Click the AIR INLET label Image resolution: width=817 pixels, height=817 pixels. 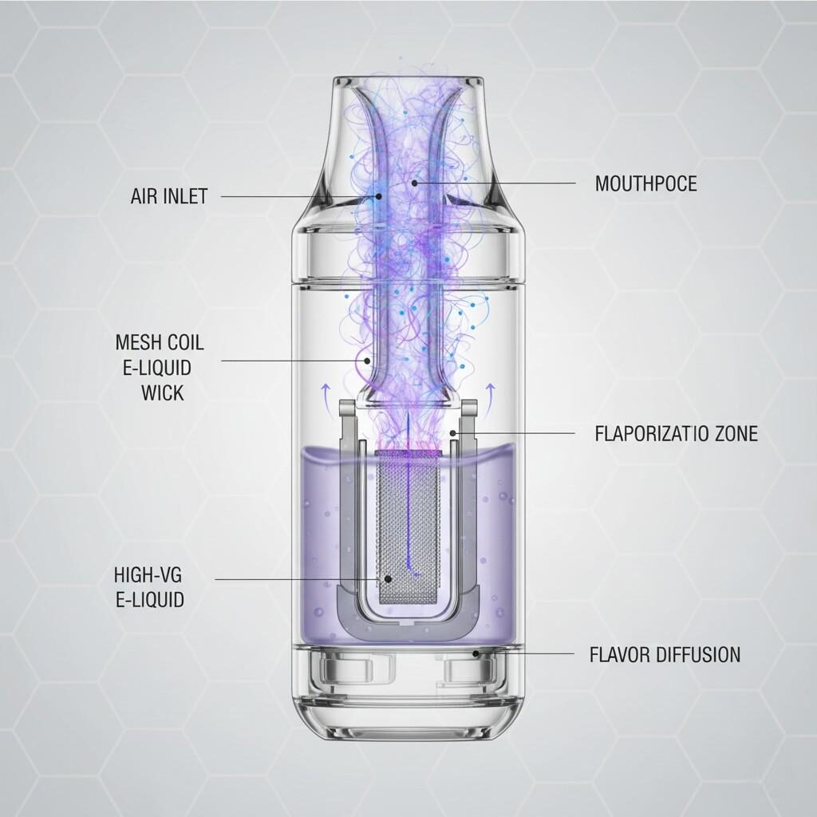pos(168,196)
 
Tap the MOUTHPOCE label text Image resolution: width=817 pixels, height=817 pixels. pos(645,184)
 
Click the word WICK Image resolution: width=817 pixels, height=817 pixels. pos(163,393)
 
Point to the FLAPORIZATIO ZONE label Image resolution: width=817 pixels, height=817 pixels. pos(676,434)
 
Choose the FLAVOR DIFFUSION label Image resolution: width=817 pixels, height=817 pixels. pos(665,655)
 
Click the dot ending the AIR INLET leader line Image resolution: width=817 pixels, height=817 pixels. pos(379,195)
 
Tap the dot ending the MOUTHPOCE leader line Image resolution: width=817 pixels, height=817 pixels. pos(415,183)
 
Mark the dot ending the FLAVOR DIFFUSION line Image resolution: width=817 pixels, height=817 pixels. pos(476,653)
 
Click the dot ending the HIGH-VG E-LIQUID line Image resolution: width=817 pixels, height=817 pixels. pos(389,579)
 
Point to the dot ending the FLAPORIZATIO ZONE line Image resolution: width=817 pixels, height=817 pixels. pos(453,433)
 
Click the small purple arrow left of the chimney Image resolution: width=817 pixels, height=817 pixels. pos(325,389)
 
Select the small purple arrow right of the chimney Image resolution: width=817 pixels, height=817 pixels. pos(491,389)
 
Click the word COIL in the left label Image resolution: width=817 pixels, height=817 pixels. pos(186,343)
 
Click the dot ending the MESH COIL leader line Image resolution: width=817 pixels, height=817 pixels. pos(367,361)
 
